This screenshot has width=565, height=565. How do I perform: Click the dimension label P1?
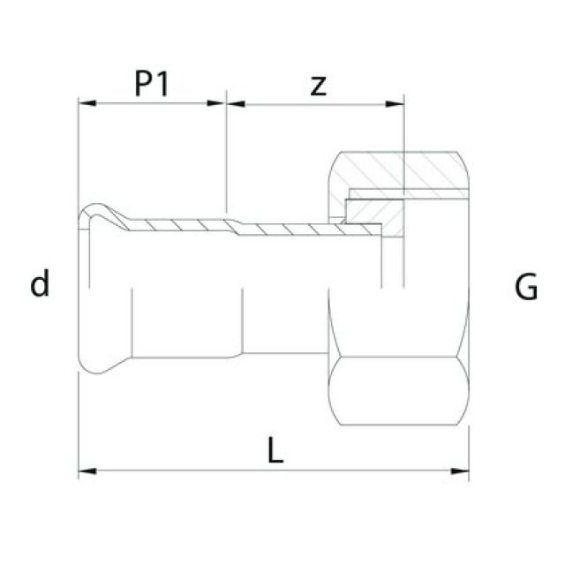click(152, 84)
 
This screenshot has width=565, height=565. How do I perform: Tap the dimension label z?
click(319, 85)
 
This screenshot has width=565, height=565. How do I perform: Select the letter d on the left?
click(40, 285)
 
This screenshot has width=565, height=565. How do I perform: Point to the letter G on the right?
click(526, 287)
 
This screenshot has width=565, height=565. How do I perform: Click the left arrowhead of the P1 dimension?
click(87, 103)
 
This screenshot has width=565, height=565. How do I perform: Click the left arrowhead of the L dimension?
click(87, 471)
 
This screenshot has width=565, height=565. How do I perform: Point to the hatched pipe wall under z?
click(300, 230)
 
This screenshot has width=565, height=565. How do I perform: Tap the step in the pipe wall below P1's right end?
click(231, 222)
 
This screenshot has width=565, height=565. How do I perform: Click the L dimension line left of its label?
click(177, 471)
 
